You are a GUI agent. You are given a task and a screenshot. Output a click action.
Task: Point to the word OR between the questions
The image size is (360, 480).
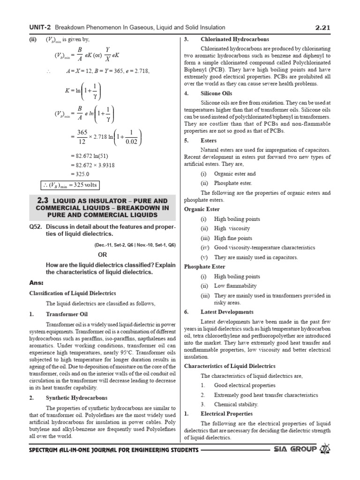(102, 255)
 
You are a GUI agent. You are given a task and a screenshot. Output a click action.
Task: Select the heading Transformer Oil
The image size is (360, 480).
(67, 314)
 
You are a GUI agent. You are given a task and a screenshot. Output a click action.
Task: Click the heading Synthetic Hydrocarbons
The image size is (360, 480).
(76, 397)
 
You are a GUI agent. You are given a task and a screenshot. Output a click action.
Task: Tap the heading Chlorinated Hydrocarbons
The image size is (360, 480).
(235, 39)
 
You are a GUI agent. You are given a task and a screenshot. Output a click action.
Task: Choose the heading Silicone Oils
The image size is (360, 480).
(217, 93)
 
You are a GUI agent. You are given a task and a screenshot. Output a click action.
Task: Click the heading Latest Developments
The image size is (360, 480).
(227, 312)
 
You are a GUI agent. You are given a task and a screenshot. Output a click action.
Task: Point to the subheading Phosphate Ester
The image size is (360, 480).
(204, 267)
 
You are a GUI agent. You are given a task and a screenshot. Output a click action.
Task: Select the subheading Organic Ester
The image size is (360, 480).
(202, 209)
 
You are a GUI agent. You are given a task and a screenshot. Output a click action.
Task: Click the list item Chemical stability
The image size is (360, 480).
(236, 404)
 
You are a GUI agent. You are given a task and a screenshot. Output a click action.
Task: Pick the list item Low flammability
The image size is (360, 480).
(235, 286)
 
